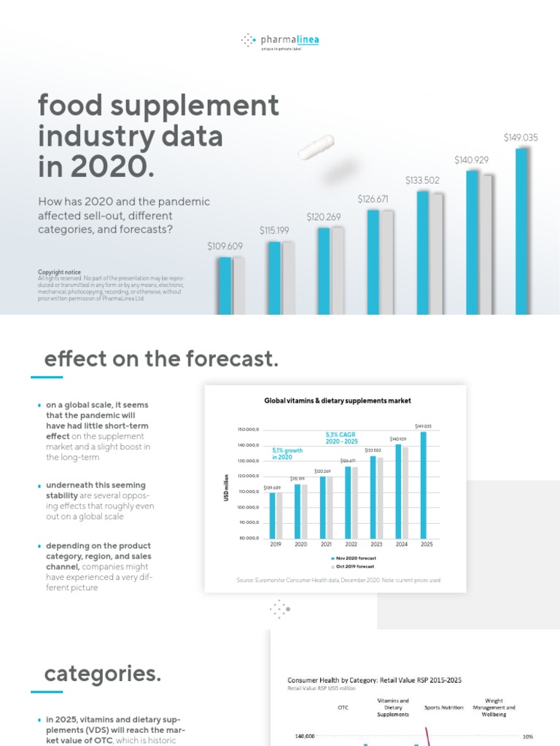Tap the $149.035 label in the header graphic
[521, 138]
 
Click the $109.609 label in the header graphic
[225, 246]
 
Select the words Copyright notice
[60, 272]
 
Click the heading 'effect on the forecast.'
[161, 359]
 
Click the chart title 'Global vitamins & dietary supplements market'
[337, 401]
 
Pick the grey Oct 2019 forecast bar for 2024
[405, 492]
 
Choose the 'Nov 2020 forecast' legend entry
[355, 558]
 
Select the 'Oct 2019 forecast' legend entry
[355, 566]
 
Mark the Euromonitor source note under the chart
[339, 580]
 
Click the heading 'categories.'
[103, 675]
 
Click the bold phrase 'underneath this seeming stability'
[96, 490]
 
